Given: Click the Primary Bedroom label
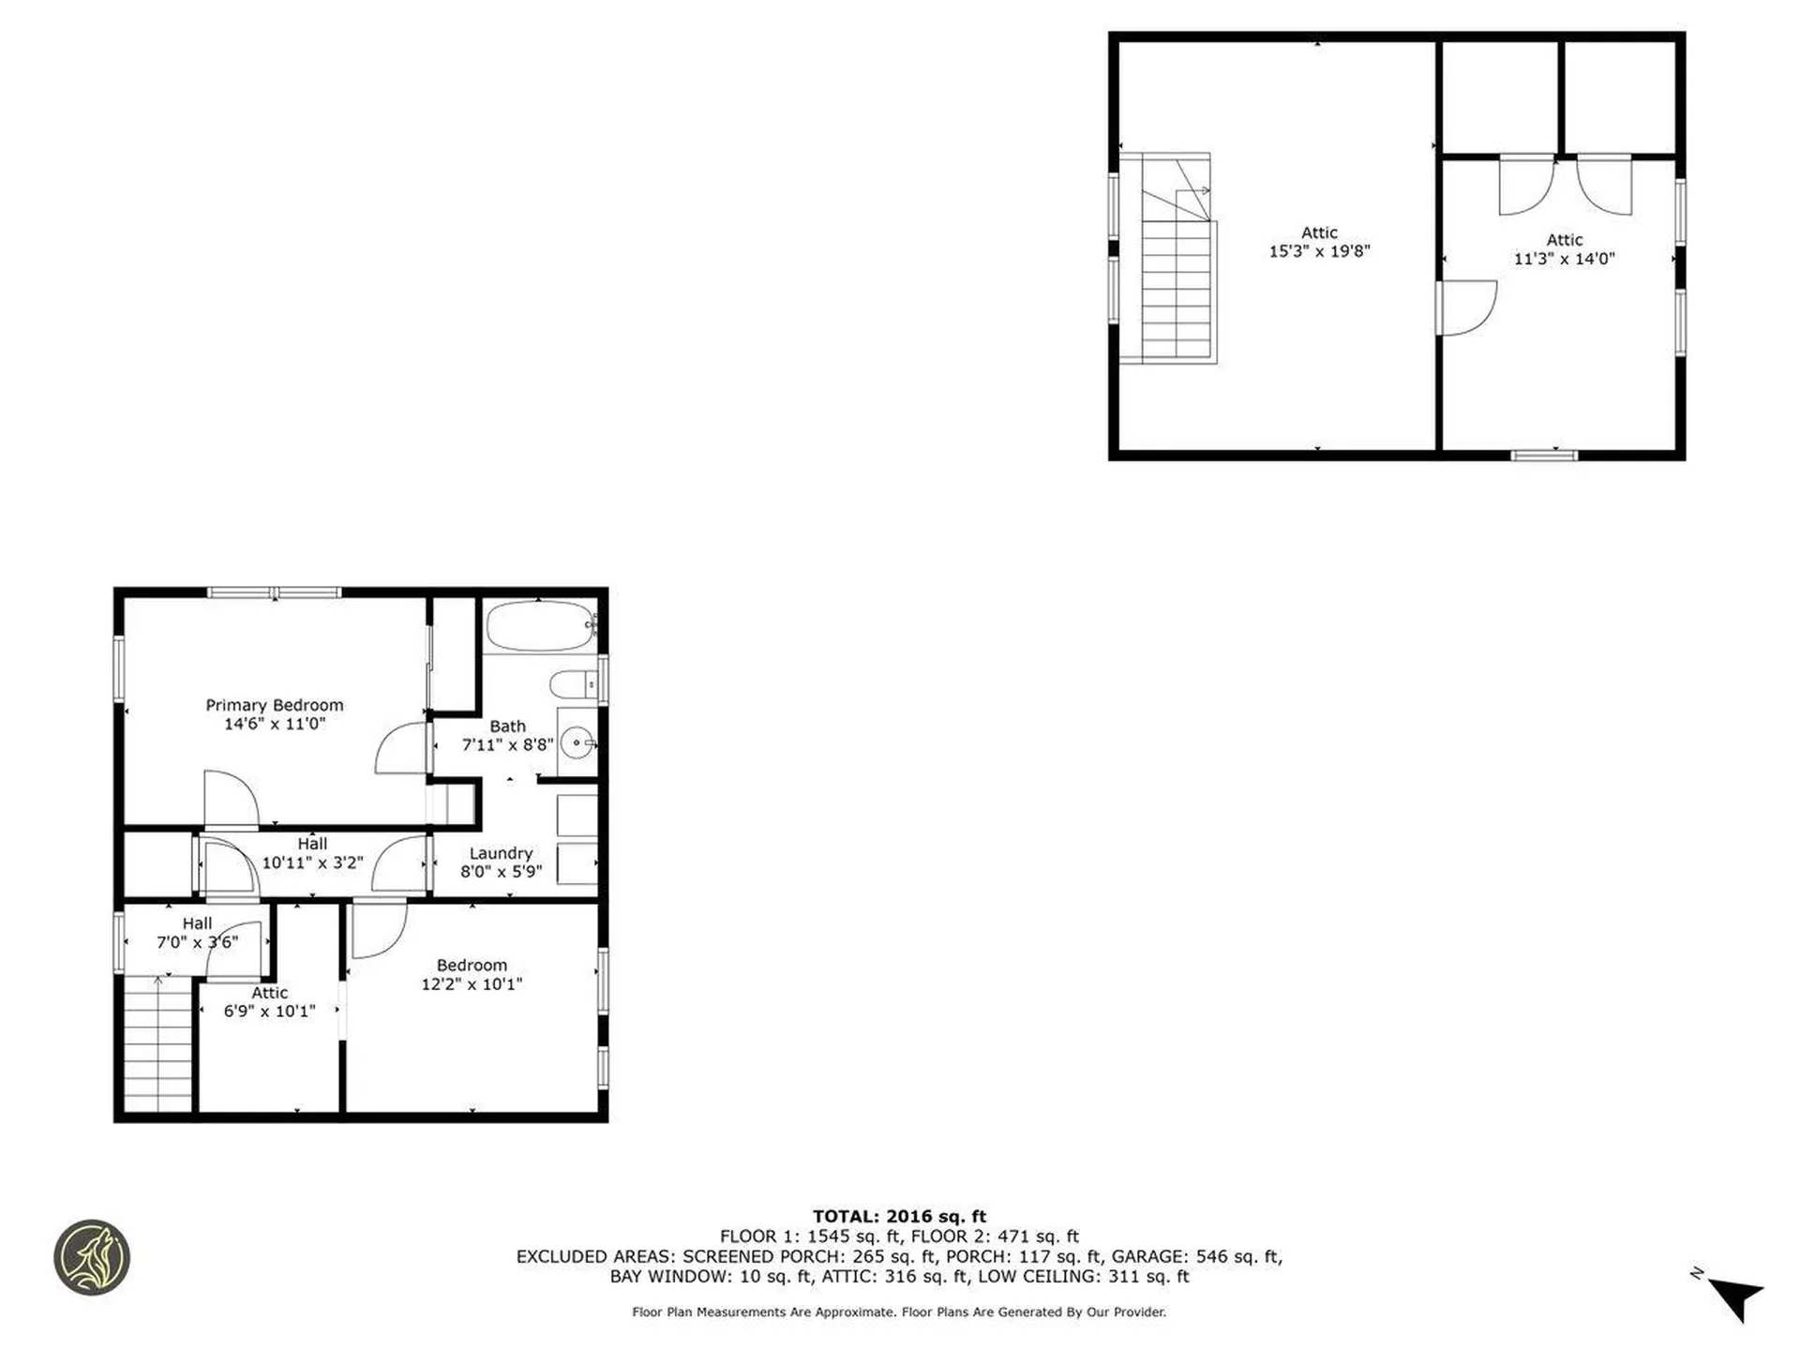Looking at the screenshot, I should point(274,705).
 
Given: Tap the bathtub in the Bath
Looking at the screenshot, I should point(538,626).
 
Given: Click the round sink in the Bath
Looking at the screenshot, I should point(577,743).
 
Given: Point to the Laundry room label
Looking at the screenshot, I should point(501,853).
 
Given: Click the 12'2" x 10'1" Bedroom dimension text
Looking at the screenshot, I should point(471,983).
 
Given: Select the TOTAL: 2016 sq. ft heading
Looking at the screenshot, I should point(899,1216).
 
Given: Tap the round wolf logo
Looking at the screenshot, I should point(92,1257).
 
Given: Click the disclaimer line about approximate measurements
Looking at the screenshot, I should point(899,1312).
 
